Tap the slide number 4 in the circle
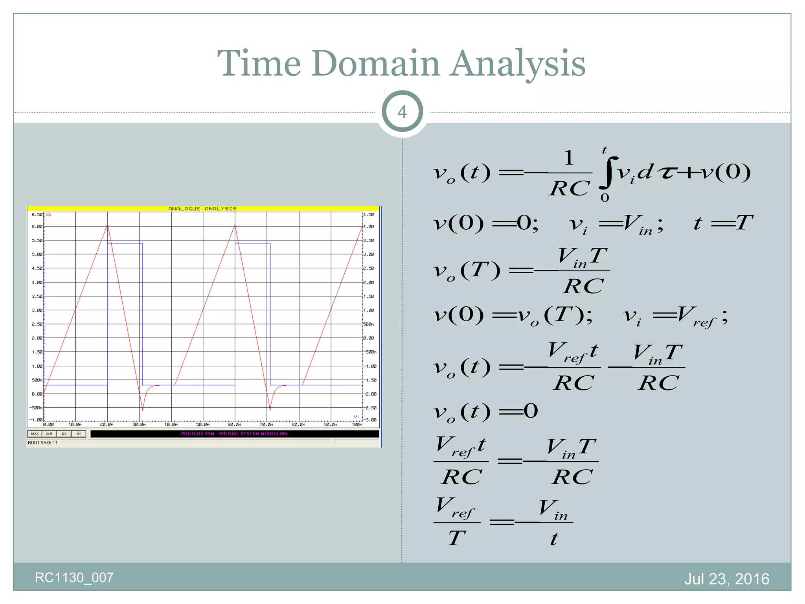click(402, 112)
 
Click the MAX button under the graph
click(35, 434)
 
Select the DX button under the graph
click(64, 434)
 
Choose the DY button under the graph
click(79, 434)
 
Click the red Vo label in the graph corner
click(48, 215)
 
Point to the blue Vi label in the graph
click(356, 417)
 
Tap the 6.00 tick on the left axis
click(37, 226)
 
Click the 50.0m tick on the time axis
click(203, 425)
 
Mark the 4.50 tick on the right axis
click(369, 215)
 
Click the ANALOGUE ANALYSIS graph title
click(202, 208)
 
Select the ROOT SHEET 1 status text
click(43, 443)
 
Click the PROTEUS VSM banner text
click(234, 434)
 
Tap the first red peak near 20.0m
click(107, 226)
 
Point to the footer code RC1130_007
click(74, 578)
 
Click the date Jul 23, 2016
click(726, 579)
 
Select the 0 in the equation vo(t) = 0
click(531, 411)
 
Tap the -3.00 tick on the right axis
click(369, 420)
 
